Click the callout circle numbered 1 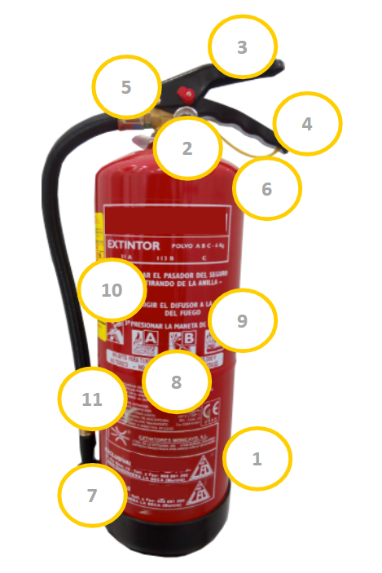[x=257, y=459]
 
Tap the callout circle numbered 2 [x=187, y=148]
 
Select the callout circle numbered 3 [x=242, y=47]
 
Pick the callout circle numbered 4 [x=306, y=125]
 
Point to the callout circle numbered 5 [x=126, y=87]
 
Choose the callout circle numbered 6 [x=266, y=188]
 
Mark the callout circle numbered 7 [x=92, y=495]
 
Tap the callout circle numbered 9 [x=242, y=321]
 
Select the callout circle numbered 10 [x=112, y=290]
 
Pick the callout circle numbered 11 [x=92, y=399]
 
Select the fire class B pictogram [x=187, y=339]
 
